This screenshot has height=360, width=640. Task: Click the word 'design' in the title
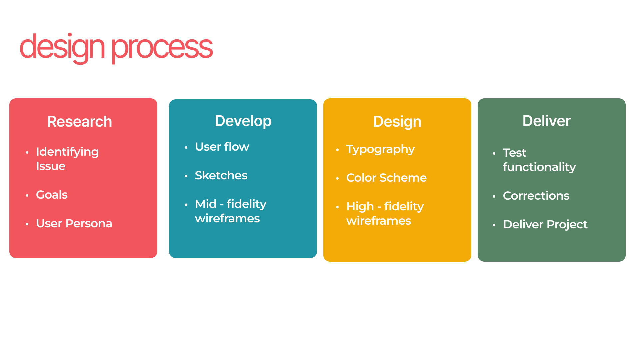tap(62, 48)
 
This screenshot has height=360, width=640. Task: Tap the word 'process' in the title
tap(162, 49)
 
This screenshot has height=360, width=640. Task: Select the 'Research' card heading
tap(80, 121)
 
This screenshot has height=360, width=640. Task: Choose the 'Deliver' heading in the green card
tap(546, 121)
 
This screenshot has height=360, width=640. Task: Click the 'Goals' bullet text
tap(52, 195)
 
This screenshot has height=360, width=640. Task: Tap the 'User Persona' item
tap(74, 223)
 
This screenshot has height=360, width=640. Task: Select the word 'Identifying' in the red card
tap(67, 152)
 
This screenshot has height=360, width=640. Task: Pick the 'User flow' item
tap(222, 147)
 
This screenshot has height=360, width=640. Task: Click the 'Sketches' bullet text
tap(221, 175)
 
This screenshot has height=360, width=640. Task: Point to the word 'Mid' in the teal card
tap(206, 204)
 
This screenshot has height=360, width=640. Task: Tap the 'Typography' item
tap(380, 150)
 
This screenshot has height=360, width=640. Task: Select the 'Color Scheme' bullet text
tap(386, 178)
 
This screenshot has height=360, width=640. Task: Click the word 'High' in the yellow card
tap(360, 207)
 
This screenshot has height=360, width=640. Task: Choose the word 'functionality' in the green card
tap(539, 167)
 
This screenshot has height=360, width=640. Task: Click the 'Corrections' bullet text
tap(536, 196)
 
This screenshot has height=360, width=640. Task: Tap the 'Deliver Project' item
tap(545, 225)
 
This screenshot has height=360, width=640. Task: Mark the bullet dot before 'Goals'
tap(27, 195)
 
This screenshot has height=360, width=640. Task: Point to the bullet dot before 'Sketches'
tap(186, 176)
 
